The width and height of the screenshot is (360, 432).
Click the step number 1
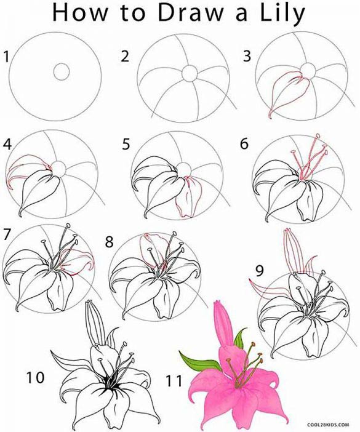tap(7, 58)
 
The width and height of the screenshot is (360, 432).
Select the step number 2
tap(125, 58)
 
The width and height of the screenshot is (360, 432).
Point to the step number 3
tap(248, 58)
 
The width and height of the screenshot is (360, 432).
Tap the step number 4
tap(7, 145)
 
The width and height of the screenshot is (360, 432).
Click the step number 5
tap(126, 145)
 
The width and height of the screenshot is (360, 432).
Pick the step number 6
tap(244, 145)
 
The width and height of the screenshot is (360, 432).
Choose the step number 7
tap(7, 234)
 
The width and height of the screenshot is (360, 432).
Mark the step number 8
tap(110, 242)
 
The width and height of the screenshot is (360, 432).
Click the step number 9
tap(260, 270)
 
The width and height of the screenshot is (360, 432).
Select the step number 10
tap(36, 377)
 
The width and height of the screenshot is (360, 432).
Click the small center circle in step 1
tap(62, 71)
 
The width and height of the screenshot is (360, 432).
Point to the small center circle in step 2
tap(188, 73)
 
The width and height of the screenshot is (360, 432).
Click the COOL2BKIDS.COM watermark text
tap(332, 424)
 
